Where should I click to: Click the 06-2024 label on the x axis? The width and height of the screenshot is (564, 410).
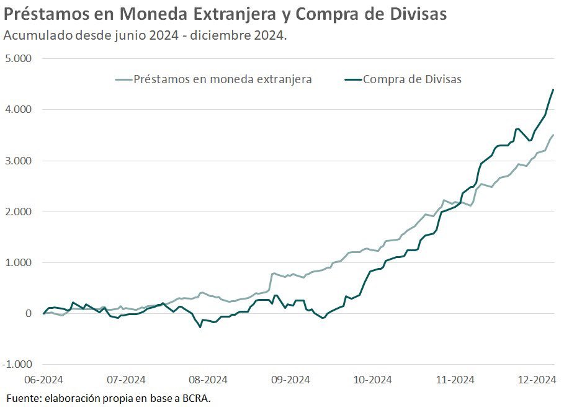(x=43, y=380)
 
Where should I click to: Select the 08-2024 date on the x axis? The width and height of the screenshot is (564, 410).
(x=207, y=380)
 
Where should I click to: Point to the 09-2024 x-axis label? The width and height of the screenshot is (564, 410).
(x=289, y=380)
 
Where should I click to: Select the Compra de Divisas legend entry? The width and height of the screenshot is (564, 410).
(x=412, y=79)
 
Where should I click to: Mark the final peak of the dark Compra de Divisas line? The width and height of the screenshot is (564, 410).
(x=553, y=90)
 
